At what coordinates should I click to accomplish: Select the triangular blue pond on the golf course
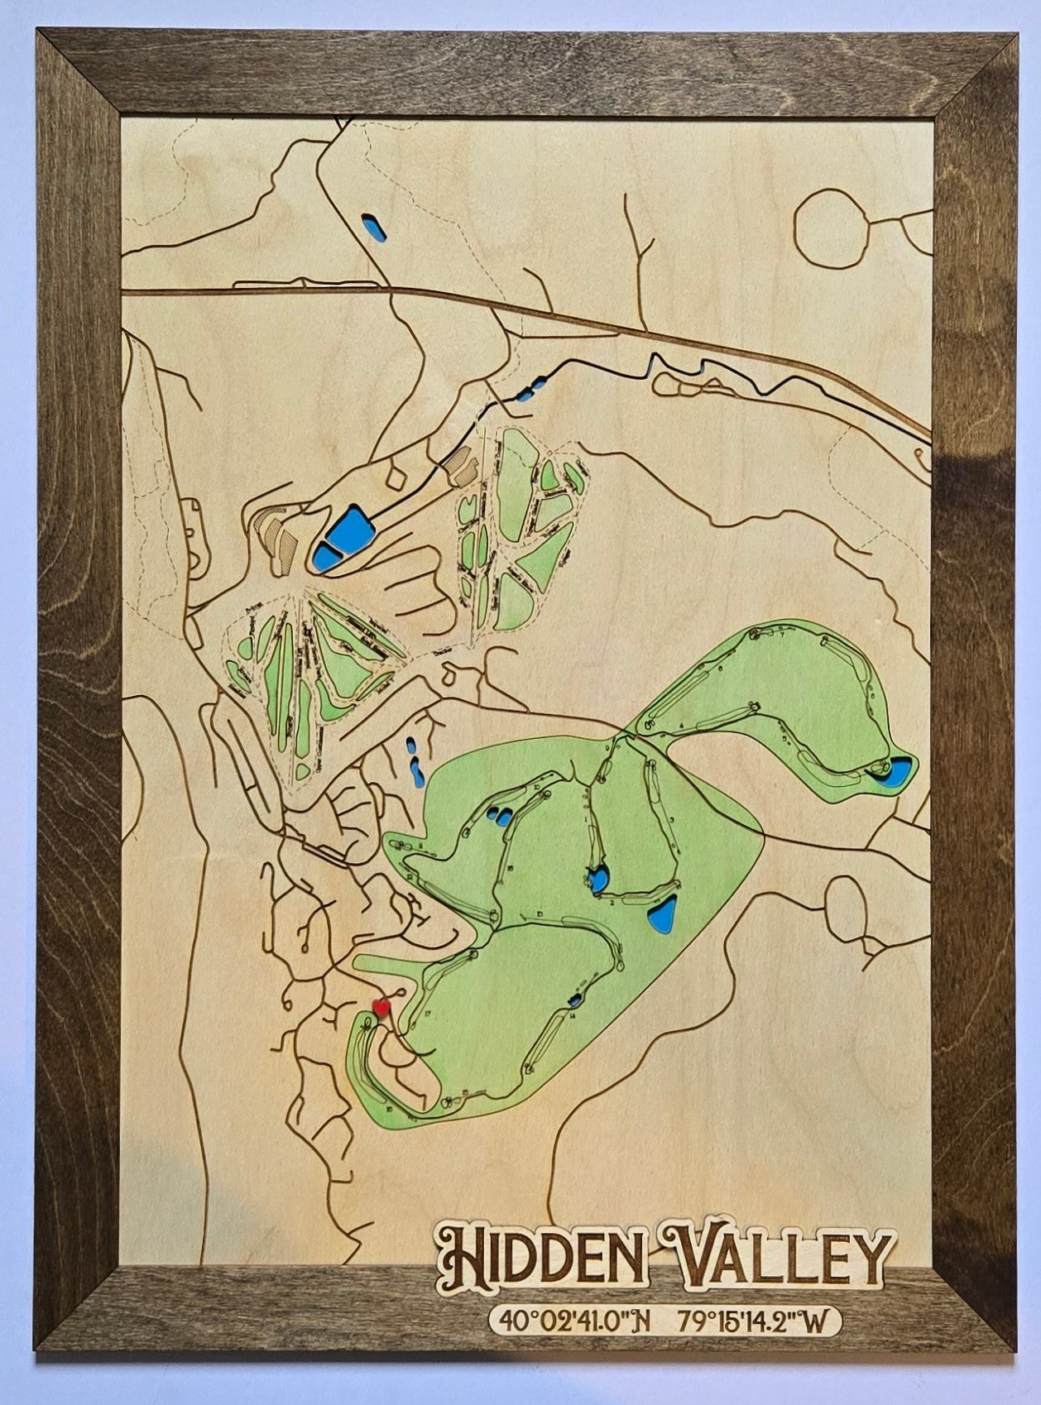tap(661, 912)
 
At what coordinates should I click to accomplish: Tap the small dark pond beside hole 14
tap(573, 1002)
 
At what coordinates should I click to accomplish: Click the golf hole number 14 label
tap(573, 1016)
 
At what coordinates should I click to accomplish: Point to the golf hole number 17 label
tap(428, 1013)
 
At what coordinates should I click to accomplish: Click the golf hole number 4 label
tap(680, 725)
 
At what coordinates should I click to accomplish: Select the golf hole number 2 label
tap(612, 903)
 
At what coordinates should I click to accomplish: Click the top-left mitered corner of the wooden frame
tap(79, 70)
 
